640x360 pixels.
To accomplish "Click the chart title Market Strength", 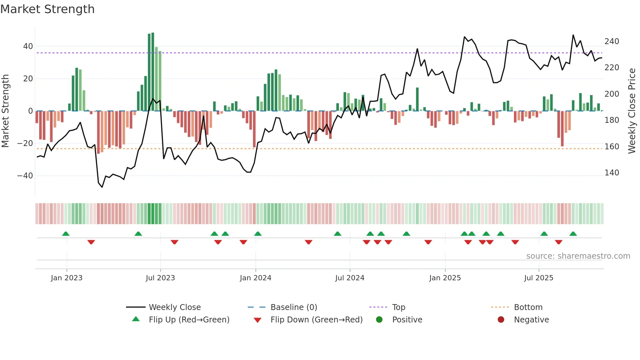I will [47, 9].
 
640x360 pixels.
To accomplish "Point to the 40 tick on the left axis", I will [28, 46].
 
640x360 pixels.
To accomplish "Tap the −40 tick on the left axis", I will [25, 176].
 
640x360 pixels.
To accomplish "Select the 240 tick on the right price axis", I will [612, 41].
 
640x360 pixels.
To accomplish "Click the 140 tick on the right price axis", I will [612, 173].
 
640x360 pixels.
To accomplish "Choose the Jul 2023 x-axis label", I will [160, 278].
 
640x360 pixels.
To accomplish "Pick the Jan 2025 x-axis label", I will [445, 278].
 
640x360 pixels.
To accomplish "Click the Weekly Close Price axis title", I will [632, 111].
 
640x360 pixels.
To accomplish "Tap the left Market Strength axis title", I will [6, 111].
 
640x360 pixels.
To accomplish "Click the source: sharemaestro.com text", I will [578, 256].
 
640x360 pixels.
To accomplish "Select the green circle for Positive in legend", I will [379, 320].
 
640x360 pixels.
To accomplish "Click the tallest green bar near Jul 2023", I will [153, 72].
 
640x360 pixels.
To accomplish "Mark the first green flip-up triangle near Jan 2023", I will [66, 234].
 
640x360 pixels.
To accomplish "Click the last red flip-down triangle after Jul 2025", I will [558, 242].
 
